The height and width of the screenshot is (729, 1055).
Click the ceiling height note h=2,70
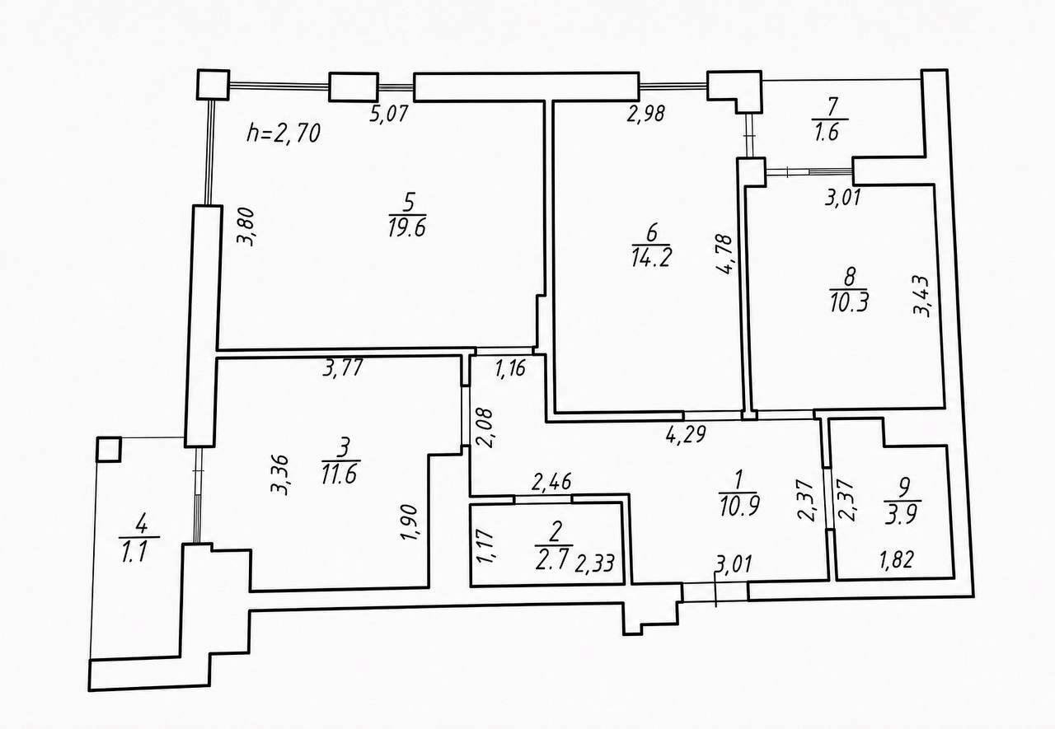pyautogui.click(x=284, y=133)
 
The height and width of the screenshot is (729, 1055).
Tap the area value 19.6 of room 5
pyautogui.click(x=407, y=228)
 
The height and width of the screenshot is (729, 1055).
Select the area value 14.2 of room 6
pyautogui.click(x=651, y=258)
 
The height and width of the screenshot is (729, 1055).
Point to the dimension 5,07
pyautogui.click(x=388, y=114)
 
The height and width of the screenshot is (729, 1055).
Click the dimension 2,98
pyautogui.click(x=645, y=114)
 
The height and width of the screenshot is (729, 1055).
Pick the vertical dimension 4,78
pyautogui.click(x=724, y=255)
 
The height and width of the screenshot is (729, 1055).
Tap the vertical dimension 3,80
pyautogui.click(x=246, y=227)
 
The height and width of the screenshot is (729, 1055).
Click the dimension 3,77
pyautogui.click(x=343, y=367)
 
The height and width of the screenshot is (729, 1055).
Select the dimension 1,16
pyautogui.click(x=510, y=367)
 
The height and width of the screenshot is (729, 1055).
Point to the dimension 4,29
pyautogui.click(x=686, y=434)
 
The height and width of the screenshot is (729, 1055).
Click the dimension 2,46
pyautogui.click(x=551, y=482)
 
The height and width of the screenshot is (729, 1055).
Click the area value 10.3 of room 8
pyautogui.click(x=849, y=302)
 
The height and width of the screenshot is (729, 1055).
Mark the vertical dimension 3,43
pyautogui.click(x=922, y=296)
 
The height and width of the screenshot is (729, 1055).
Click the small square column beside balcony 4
pyautogui.click(x=109, y=450)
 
